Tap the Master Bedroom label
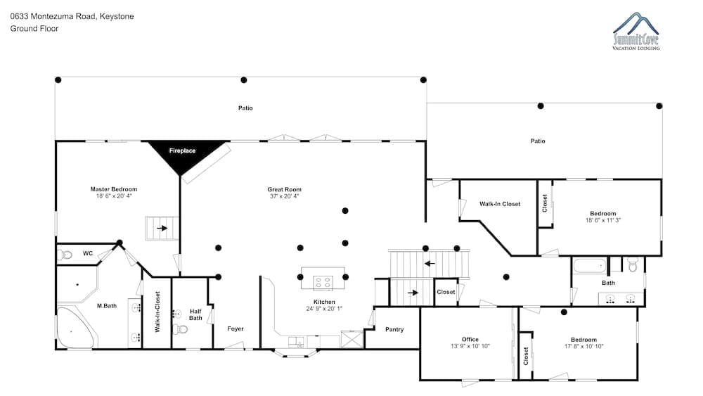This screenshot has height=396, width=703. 114,189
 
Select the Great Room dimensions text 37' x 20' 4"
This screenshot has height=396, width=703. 284,196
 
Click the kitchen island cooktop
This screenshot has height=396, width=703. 323,283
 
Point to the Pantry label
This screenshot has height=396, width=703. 394,329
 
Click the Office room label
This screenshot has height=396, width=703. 470,340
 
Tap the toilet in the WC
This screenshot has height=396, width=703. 65,255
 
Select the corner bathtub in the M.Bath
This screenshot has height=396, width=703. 75,327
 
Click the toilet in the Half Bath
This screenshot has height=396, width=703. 181,330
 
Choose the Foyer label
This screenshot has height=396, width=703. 236,328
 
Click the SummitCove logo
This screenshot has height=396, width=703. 636,31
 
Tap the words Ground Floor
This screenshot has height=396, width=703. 34,29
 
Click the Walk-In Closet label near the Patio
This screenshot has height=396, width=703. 500,203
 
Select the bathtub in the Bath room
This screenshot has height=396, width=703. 590,265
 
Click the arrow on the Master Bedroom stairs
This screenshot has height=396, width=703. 162,228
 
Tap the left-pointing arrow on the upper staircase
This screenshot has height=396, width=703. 430,263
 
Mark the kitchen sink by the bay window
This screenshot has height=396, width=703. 296,342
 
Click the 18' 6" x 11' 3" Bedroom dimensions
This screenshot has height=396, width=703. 603,220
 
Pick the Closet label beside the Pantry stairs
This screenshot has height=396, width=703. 446,292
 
